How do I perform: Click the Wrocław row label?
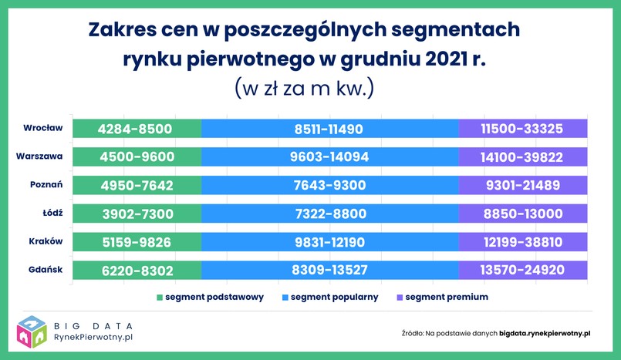coord(42,128)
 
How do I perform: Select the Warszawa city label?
coord(39,156)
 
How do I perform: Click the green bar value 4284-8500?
coord(137,129)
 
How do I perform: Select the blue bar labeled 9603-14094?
coord(329,157)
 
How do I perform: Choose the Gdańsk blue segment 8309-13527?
coord(329,271)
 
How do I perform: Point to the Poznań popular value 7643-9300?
coord(329,186)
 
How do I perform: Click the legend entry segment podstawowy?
coord(210,297)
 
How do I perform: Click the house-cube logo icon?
coord(31,331)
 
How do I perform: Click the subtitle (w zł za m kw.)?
coord(305,88)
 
